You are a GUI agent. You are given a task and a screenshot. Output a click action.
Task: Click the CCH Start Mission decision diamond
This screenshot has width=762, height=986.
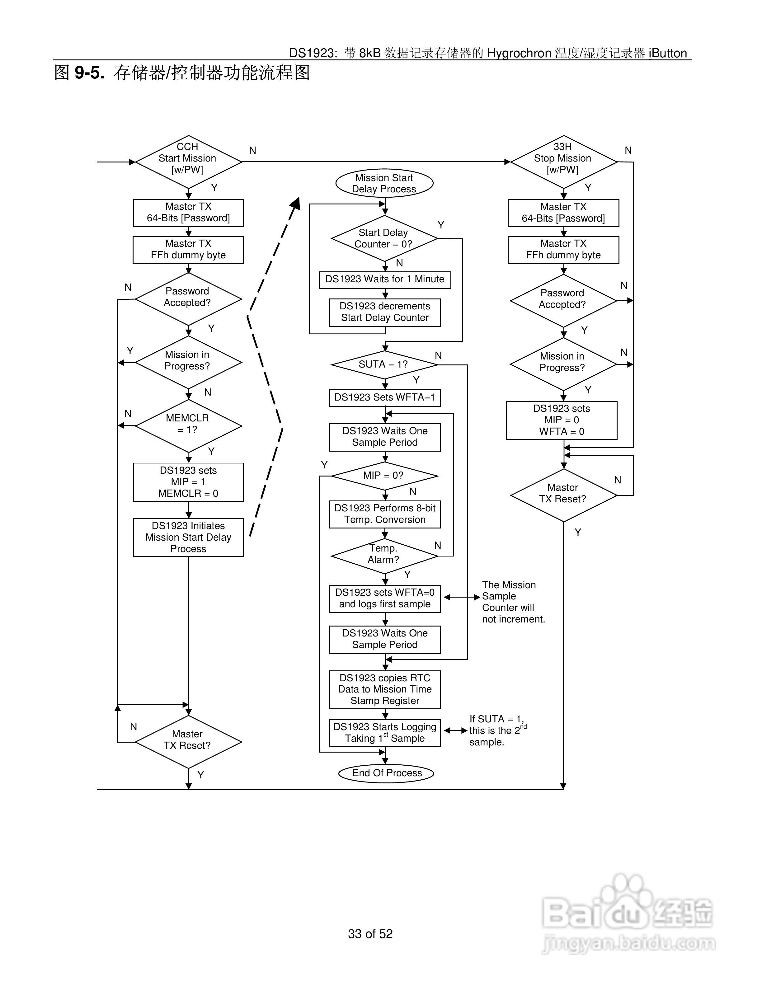(188, 162)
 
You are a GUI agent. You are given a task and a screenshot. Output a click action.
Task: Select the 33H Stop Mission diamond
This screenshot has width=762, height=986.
(563, 162)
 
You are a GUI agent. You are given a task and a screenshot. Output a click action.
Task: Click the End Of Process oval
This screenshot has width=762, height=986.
(386, 773)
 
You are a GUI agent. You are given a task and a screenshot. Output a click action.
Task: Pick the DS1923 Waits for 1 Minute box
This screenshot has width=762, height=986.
(385, 279)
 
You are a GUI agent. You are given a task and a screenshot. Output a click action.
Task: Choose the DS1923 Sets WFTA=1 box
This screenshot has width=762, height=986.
(385, 398)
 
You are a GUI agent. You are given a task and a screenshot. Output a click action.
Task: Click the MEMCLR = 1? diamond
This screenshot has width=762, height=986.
(188, 426)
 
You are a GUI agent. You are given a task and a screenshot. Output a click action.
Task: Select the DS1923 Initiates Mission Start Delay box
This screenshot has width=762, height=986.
(188, 537)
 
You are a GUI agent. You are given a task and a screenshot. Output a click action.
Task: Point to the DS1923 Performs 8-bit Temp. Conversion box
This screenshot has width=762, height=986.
(385, 514)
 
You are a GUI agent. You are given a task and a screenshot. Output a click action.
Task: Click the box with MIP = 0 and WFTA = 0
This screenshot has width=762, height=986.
(562, 420)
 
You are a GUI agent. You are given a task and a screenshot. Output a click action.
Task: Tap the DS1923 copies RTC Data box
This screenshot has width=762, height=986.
(385, 689)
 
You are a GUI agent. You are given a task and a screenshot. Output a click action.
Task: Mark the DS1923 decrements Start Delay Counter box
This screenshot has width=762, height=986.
(385, 312)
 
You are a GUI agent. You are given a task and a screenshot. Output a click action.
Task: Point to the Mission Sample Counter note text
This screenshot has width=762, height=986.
(513, 602)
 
